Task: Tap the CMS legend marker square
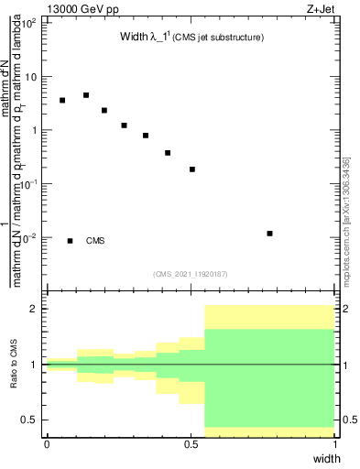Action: coord(70,241)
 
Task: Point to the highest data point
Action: coord(86,95)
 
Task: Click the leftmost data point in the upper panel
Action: coord(62,101)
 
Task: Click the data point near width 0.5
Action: coord(192,169)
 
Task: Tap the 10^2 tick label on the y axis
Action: coord(29,23)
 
